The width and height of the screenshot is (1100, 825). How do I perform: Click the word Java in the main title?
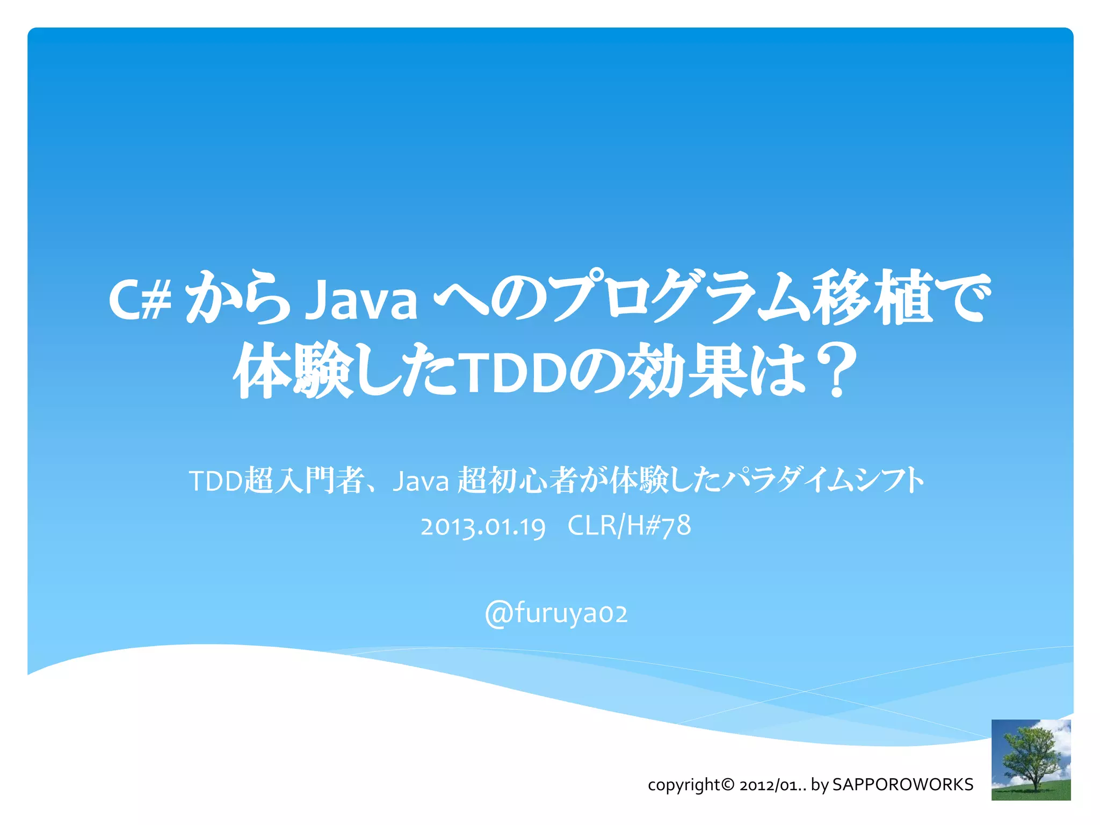click(363, 299)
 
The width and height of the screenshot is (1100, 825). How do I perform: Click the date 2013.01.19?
click(483, 526)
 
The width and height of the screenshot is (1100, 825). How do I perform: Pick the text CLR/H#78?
click(629, 525)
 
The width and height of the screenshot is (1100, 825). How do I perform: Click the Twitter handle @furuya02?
click(556, 613)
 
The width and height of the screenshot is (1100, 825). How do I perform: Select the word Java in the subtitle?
click(421, 481)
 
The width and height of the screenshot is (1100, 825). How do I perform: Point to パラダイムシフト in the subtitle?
click(822, 480)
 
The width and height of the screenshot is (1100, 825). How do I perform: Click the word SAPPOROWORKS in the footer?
click(902, 785)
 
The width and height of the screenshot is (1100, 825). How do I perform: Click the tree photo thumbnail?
click(1031, 759)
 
